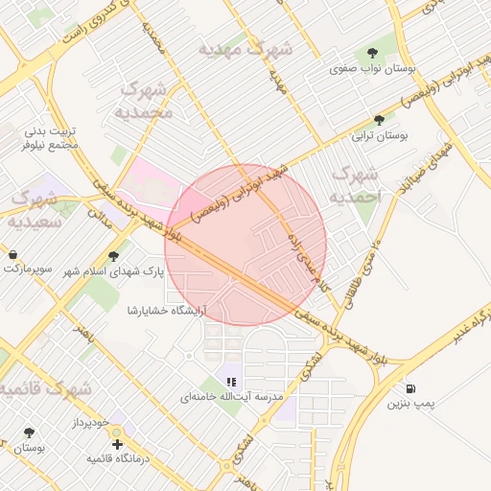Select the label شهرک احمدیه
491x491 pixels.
click(x=354, y=185)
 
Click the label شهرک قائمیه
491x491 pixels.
click(x=45, y=389)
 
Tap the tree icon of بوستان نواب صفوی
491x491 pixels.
click(x=372, y=53)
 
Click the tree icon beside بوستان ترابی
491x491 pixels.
click(x=380, y=121)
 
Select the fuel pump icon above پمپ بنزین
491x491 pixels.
click(x=411, y=389)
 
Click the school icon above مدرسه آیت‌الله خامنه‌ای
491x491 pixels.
click(x=230, y=382)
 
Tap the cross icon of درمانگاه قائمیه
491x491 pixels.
click(x=117, y=444)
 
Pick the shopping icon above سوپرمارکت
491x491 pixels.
click(x=14, y=254)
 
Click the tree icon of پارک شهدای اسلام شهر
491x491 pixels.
click(x=114, y=256)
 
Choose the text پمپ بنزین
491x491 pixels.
click(x=410, y=406)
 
